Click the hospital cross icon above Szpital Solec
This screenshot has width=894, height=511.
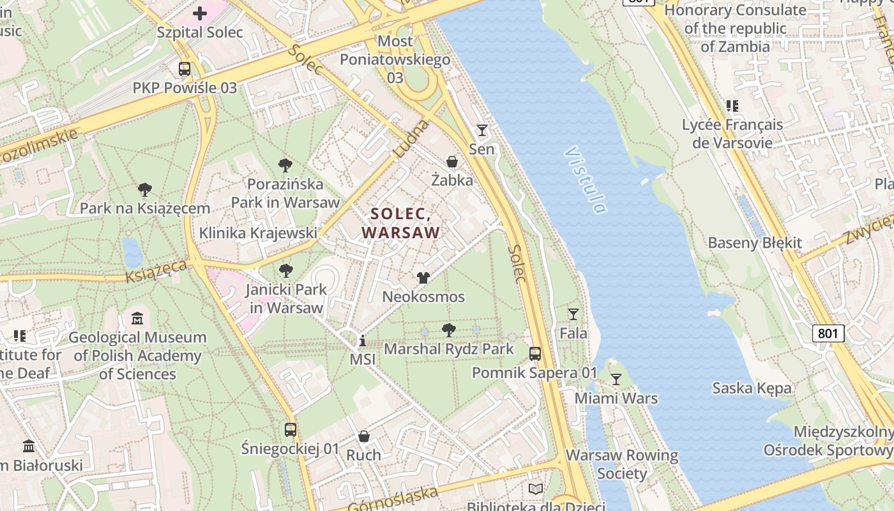pos(200,13)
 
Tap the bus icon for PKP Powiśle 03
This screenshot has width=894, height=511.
pos(185,68)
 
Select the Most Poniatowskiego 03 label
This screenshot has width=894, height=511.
pos(395,59)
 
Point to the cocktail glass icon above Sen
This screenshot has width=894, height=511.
pos(482,130)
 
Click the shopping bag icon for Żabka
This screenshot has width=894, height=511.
pos(452,162)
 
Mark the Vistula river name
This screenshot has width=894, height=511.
pos(585,181)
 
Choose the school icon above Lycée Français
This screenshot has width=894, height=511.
pos(732,106)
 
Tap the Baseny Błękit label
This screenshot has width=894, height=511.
pos(755,243)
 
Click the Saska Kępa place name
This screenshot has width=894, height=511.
pos(752,388)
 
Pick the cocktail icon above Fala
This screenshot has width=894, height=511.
pos(573,314)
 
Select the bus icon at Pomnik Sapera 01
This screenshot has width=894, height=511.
pos(535,353)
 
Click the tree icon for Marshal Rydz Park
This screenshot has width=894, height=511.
pos(449,330)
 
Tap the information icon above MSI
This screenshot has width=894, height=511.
pos(363,340)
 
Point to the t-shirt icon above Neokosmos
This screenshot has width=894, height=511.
pos(423,277)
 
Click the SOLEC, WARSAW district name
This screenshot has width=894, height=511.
pos(401,223)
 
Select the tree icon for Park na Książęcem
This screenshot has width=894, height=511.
pos(145,189)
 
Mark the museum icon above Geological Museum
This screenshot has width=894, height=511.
pos(137,318)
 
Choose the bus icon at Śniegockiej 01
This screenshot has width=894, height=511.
pos(291,429)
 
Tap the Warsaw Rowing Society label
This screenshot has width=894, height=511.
pos(621,464)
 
